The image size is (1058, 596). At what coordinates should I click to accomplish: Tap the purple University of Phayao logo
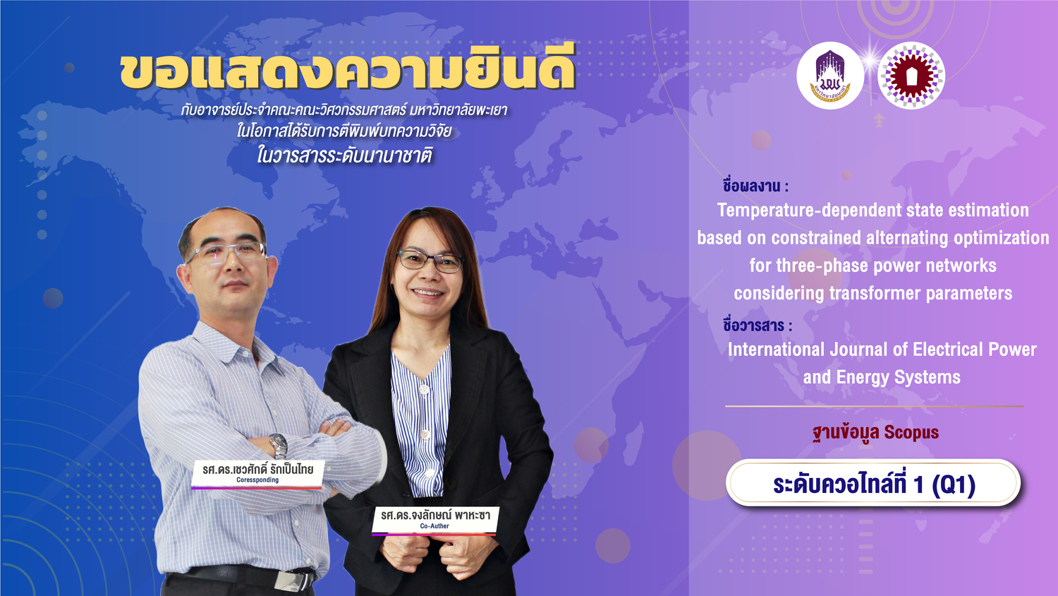point(830,76)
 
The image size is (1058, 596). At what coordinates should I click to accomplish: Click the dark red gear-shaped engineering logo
point(911,76)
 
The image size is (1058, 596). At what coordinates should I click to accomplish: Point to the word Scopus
point(911,432)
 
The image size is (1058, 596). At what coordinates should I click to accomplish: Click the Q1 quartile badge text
point(874,484)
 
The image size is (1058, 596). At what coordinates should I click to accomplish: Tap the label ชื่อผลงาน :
point(755,186)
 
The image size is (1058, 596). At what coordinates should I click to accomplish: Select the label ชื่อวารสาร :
point(757,325)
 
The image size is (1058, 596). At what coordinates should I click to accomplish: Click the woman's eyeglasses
point(430,261)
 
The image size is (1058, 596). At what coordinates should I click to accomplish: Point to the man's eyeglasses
point(226,253)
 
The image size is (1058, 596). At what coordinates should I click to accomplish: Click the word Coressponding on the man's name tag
point(257,479)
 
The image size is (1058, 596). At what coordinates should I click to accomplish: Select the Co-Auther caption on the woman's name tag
point(434,526)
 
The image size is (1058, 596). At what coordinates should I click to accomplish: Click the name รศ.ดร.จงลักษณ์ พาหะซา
point(435,515)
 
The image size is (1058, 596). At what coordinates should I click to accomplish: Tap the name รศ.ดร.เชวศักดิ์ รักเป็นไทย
point(258,469)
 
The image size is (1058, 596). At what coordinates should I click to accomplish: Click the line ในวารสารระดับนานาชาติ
point(344,155)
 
